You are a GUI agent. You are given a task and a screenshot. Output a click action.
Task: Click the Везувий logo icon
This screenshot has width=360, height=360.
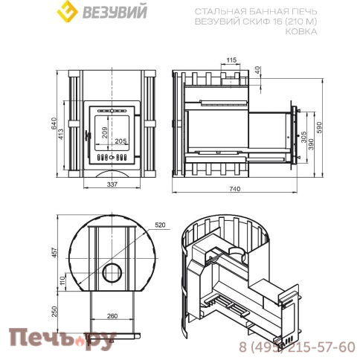68,13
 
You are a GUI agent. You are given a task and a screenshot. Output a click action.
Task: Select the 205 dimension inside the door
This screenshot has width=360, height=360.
120,142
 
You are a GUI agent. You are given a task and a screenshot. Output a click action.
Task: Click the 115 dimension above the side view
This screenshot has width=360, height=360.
231,59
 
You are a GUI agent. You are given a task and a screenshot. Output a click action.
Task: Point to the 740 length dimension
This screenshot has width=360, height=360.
236,190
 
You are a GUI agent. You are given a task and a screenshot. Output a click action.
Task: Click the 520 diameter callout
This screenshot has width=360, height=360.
160,223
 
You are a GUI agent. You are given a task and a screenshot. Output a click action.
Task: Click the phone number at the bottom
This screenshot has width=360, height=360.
296,347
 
